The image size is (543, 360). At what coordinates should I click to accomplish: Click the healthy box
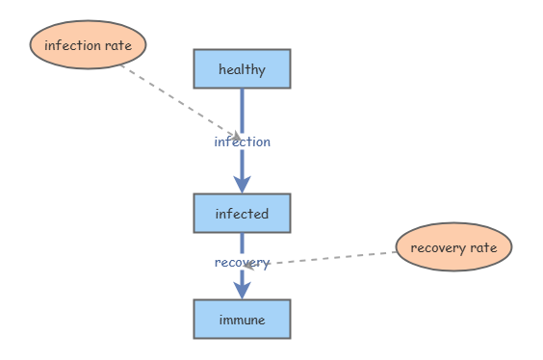coord(242,68)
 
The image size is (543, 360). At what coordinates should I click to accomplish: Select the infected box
coord(242,213)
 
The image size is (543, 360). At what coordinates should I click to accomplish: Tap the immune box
coord(242,319)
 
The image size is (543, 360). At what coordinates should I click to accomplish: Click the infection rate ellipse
coord(88,45)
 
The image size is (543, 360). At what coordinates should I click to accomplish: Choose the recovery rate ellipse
coord(453,247)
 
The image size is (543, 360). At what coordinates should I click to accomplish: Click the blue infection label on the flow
coord(242,141)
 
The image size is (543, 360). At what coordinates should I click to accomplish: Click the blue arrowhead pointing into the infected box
coord(242,183)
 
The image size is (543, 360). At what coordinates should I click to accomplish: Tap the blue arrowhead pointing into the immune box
coord(242,289)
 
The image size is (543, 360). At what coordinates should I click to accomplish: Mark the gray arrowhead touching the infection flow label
coord(235,137)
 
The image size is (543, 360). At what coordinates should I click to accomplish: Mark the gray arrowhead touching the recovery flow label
coord(249,264)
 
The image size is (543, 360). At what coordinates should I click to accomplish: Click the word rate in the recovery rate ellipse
coord(483,247)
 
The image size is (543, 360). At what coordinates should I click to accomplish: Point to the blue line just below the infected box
coord(242,242)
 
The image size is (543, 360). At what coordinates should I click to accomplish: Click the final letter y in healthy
coord(262,69)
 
